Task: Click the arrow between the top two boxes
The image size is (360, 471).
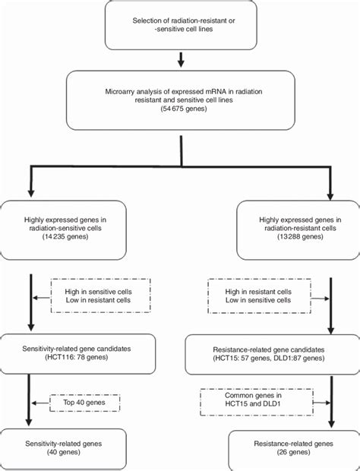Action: [x=179, y=58]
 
